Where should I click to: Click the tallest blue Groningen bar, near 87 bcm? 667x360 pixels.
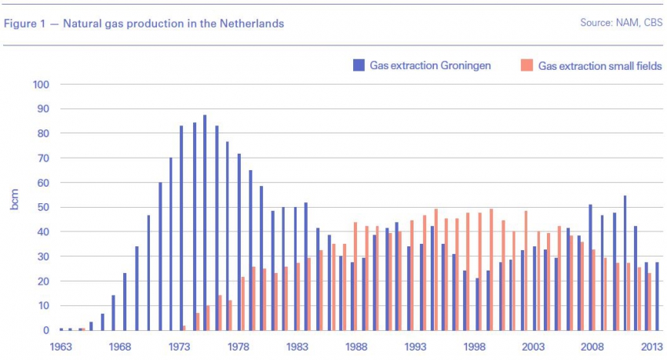tap(205, 224)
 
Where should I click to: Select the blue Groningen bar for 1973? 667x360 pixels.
tap(181, 227)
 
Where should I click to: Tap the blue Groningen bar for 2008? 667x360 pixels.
tap(590, 267)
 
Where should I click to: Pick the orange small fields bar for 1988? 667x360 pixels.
tap(355, 276)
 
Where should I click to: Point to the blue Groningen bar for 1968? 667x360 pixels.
tap(124, 302)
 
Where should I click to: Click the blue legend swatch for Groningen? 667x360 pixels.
tap(359, 66)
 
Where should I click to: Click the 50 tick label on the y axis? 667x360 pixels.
tap(43, 208)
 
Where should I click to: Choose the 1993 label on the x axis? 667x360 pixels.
tap(416, 346)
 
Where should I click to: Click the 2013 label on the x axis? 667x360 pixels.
tap(651, 346)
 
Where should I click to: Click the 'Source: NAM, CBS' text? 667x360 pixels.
tap(621, 23)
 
